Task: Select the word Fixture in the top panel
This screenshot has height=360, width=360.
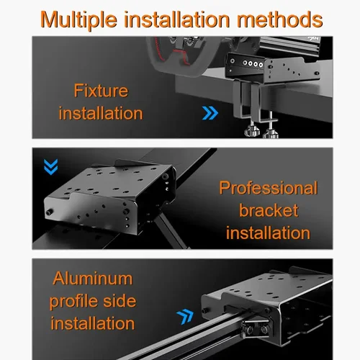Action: [101, 91]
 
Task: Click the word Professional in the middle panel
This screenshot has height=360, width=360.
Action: [268, 189]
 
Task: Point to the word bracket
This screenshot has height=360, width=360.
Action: [268, 210]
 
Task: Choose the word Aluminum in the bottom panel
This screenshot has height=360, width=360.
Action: [91, 278]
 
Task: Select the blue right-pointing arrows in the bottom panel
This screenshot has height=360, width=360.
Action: [186, 314]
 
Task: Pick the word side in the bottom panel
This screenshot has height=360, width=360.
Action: [119, 300]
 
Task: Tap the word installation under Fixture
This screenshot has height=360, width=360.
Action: [101, 113]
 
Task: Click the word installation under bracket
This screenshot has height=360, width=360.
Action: [268, 233]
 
